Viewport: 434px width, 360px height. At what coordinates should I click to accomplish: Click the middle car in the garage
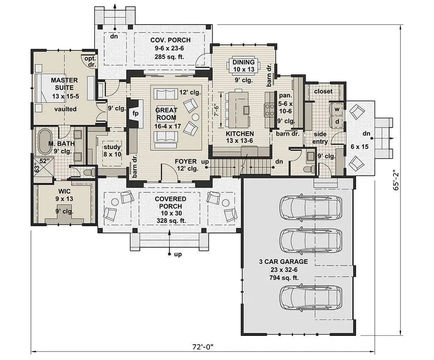pyautogui.click(x=311, y=241)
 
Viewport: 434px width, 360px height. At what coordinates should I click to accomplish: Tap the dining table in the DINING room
pyautogui.click(x=243, y=65)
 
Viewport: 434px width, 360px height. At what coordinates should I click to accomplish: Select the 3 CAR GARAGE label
pyautogui.click(x=284, y=262)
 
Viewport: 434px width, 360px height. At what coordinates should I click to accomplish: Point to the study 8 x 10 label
pyautogui.click(x=112, y=151)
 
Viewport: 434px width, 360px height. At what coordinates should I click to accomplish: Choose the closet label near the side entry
pyautogui.click(x=323, y=91)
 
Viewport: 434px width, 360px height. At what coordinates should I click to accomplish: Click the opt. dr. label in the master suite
pyautogui.click(x=90, y=61)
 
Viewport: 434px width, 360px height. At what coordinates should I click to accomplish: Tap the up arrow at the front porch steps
pyautogui.click(x=170, y=242)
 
